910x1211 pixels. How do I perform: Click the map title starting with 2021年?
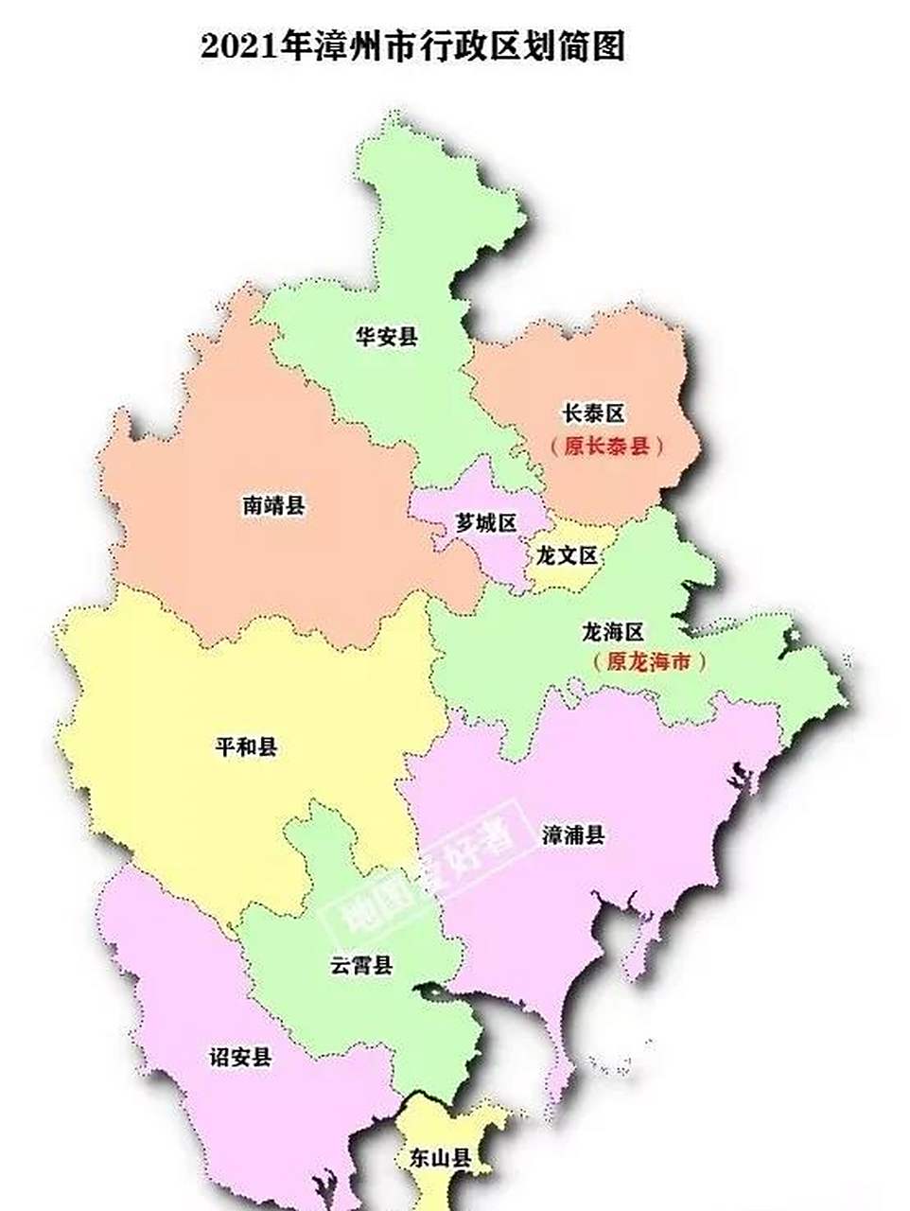point(412,46)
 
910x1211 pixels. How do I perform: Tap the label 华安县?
point(386,336)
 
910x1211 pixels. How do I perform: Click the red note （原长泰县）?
point(605,447)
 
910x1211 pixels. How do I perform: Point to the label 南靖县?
point(273,505)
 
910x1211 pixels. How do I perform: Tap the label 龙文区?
point(567,555)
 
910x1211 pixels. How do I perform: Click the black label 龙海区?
point(613,631)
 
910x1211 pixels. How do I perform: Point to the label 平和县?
point(247,747)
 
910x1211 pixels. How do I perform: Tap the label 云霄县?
point(361,966)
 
